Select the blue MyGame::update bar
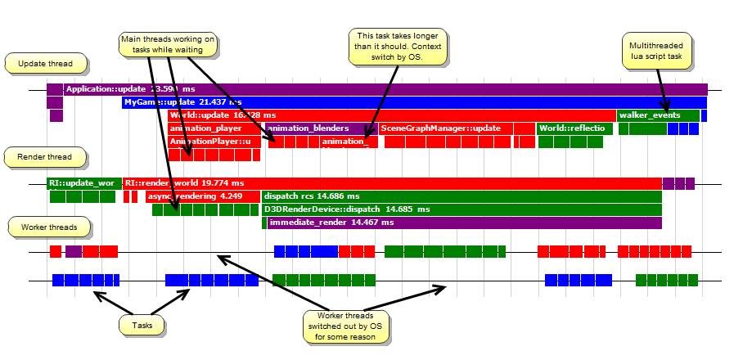tap(409, 102)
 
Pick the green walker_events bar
tap(659, 115)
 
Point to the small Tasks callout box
tap(142, 325)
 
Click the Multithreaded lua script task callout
tap(658, 52)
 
